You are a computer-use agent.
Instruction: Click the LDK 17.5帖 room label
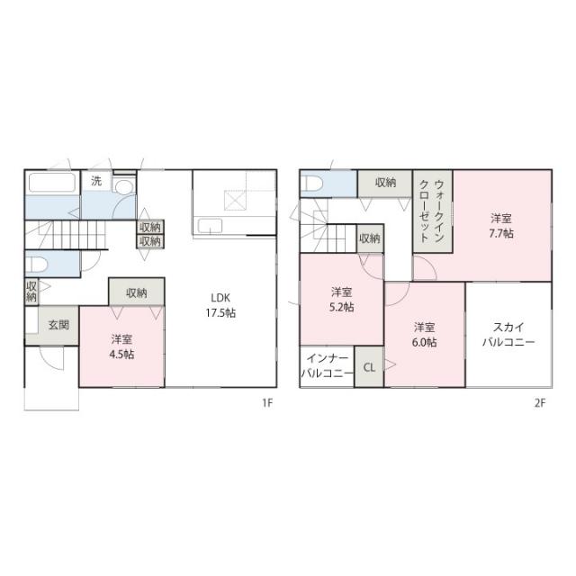pyautogui.click(x=220, y=305)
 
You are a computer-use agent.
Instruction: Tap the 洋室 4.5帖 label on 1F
pyautogui.click(x=121, y=346)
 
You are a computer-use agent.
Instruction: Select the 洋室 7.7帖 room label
pyautogui.click(x=501, y=226)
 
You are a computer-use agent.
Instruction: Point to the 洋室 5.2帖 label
pyautogui.click(x=342, y=300)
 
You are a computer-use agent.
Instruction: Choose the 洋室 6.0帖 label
pyautogui.click(x=424, y=335)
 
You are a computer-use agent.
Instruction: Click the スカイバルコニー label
pyautogui.click(x=508, y=334)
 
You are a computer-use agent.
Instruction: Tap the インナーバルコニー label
pyautogui.click(x=327, y=365)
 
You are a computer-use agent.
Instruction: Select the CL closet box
pyautogui.click(x=369, y=366)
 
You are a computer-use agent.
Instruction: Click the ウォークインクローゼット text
pyautogui.click(x=432, y=211)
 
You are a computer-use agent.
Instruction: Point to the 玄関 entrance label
pyautogui.click(x=58, y=325)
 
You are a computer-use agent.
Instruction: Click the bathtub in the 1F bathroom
pyautogui.click(x=52, y=183)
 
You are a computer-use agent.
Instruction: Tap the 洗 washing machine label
pyautogui.click(x=96, y=181)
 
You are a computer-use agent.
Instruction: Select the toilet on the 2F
pyautogui.click(x=312, y=183)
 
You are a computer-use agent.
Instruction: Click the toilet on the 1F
pyautogui.click(x=36, y=264)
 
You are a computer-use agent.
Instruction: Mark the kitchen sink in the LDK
pyautogui.click(x=210, y=226)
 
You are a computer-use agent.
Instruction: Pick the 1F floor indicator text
pyautogui.click(x=267, y=403)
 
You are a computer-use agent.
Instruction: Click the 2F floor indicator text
pyautogui.click(x=540, y=403)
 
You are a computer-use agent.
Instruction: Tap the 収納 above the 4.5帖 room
pyautogui.click(x=137, y=292)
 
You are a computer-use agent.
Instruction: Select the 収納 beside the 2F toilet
pyautogui.click(x=385, y=183)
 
